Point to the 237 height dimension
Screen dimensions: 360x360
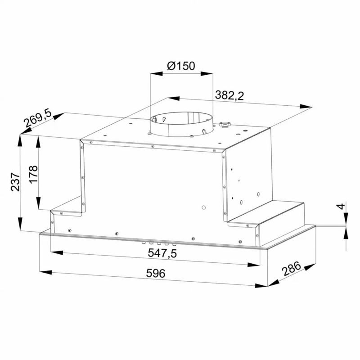tap(16, 182)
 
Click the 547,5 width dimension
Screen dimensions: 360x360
tap(162, 253)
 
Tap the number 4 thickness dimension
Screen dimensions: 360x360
tap(342, 207)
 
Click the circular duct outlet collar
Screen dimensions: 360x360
tap(180, 126)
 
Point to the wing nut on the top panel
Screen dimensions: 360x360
tap(224, 124)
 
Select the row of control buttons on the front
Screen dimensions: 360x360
tap(158, 243)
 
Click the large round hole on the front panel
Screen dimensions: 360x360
tap(203, 208)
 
